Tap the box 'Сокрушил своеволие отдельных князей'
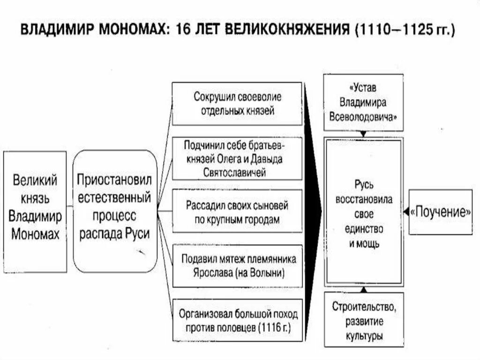[x=237, y=104]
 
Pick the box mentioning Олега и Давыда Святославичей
[x=237, y=158]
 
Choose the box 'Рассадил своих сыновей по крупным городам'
[x=237, y=212]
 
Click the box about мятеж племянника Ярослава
[x=237, y=265]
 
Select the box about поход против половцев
[x=237, y=320]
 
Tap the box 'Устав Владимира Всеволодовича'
[x=363, y=102]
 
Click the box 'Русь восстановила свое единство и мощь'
[x=364, y=212]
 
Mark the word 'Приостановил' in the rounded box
[x=114, y=180]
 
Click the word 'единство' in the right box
[x=364, y=230]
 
